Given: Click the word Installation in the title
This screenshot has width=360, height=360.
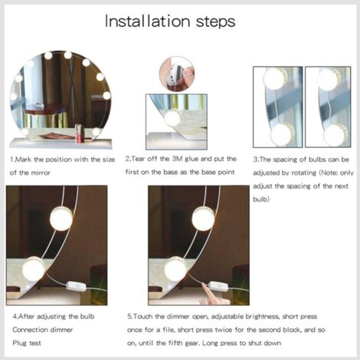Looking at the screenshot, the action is (x=147, y=21).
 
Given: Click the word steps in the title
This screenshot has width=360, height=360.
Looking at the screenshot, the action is (x=216, y=22).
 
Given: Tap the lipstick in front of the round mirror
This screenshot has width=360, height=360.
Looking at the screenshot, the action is (x=79, y=133).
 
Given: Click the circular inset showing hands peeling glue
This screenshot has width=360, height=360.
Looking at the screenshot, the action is (x=177, y=74).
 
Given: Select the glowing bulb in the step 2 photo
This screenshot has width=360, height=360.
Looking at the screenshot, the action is (x=172, y=118).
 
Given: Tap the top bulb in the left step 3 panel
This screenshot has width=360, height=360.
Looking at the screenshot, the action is (x=274, y=77).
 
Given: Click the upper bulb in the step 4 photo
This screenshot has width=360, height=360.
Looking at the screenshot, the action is (x=61, y=219).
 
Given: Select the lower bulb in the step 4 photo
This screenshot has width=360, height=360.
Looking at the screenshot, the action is (x=34, y=269).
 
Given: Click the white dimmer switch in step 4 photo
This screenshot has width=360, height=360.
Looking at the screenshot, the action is (x=75, y=286).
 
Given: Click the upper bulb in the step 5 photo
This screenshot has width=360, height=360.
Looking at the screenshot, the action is (x=203, y=219).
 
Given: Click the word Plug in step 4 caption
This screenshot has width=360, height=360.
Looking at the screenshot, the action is (x=19, y=343).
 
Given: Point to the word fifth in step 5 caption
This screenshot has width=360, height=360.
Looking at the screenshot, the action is (x=175, y=343).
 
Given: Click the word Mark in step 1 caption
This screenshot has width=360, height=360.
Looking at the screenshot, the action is (x=24, y=159).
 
